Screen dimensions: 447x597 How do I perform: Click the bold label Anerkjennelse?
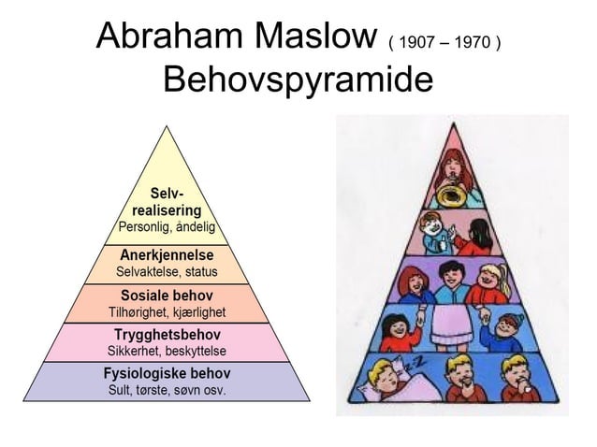point(167,254)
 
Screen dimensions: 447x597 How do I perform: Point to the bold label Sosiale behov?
point(167,295)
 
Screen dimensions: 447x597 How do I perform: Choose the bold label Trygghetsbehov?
point(167,334)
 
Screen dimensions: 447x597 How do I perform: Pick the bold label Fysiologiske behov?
point(167,373)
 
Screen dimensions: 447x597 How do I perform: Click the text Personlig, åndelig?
point(167,227)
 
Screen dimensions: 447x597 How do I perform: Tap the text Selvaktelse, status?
point(167,272)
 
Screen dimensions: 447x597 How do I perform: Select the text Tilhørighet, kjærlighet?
point(167,311)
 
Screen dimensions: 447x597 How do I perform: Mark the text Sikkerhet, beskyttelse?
point(167,351)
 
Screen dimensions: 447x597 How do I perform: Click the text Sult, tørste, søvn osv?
point(167,389)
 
